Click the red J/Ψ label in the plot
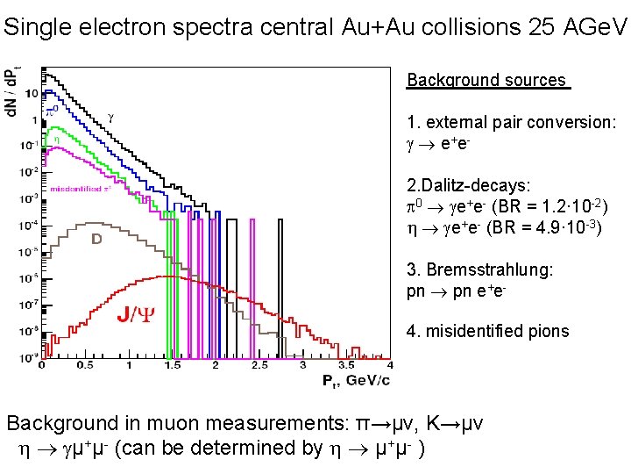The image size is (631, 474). [x=136, y=313]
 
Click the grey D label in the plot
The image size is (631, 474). [x=98, y=238]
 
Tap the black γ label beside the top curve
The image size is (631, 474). [x=110, y=115]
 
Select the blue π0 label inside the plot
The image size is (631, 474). [x=52, y=112]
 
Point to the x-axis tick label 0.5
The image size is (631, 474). [x=85, y=364]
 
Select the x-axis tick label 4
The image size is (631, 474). [x=389, y=364]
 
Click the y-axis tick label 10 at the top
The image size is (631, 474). [x=32, y=92]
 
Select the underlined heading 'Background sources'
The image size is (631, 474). [x=488, y=81]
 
